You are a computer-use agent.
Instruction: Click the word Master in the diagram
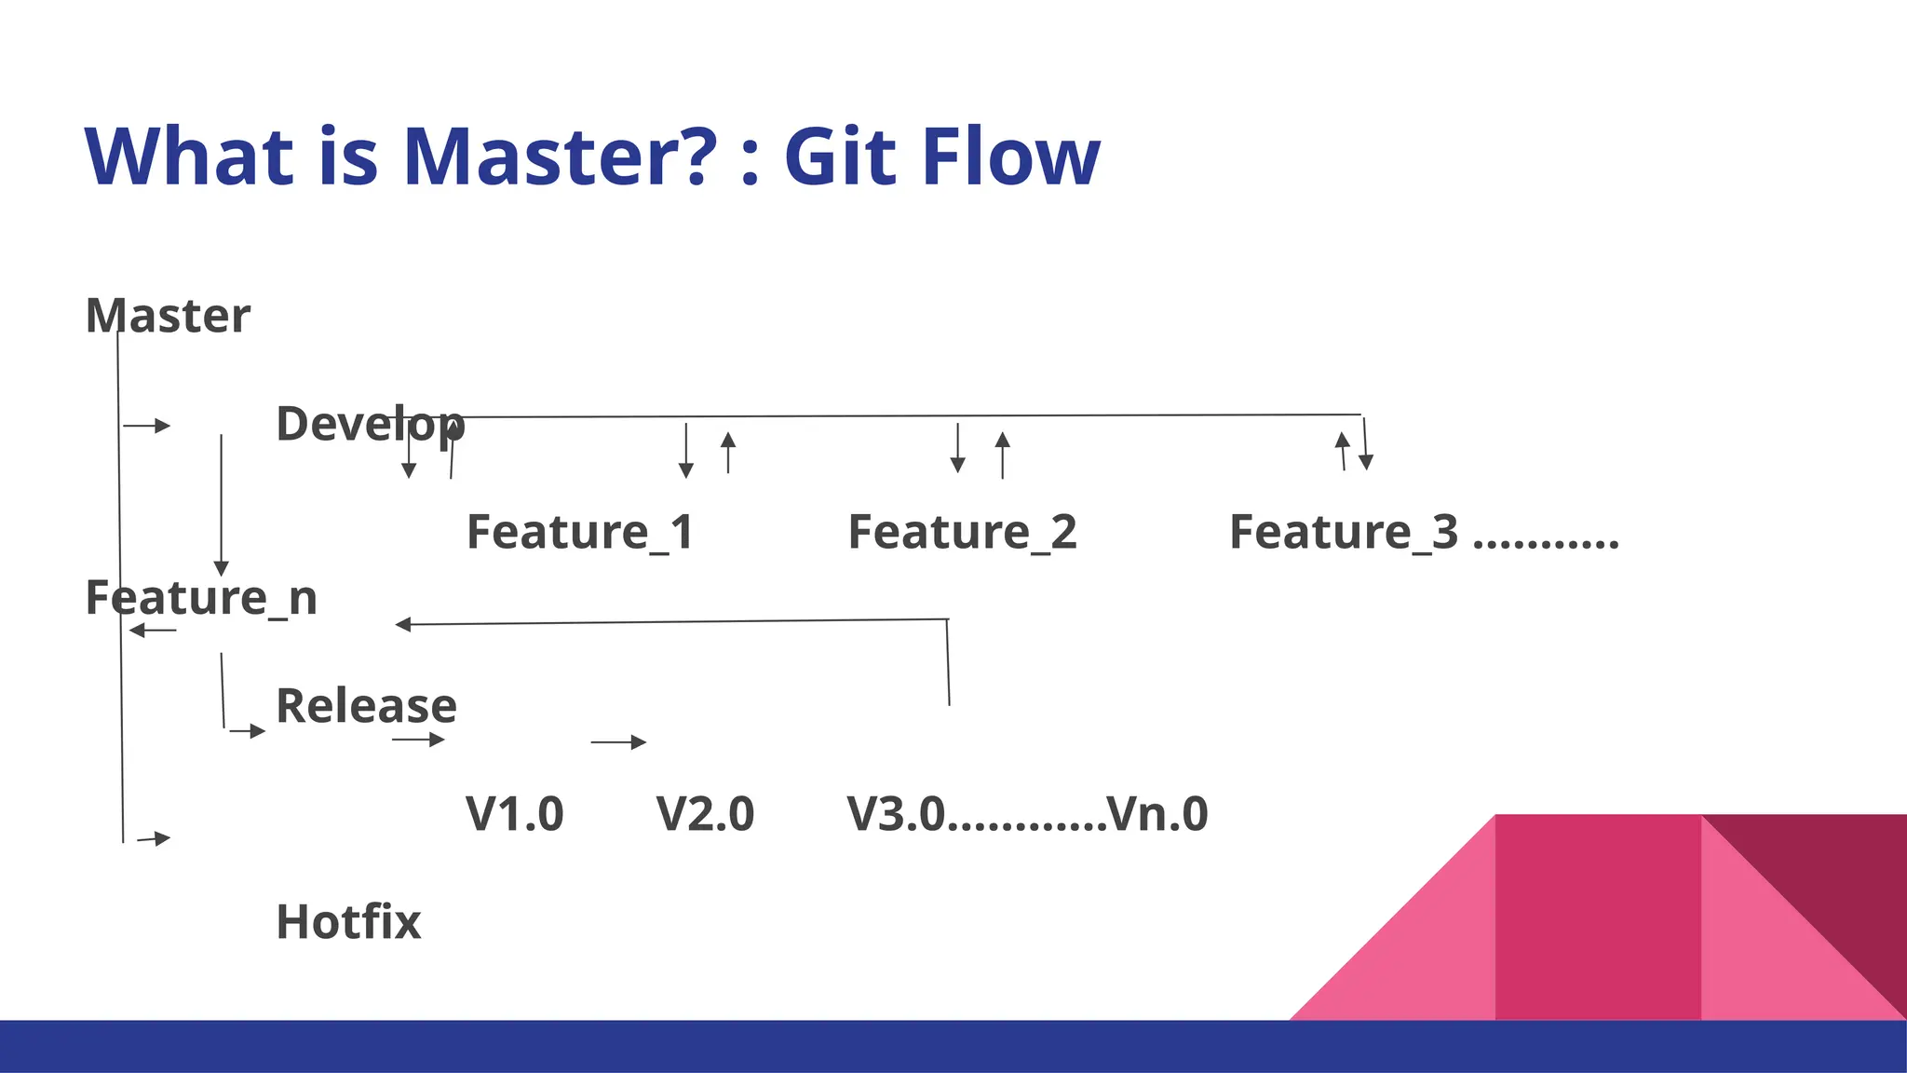[168, 316]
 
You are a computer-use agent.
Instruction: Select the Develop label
[370, 425]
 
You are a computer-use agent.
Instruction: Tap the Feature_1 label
[580, 533]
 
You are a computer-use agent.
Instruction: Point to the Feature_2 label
[962, 533]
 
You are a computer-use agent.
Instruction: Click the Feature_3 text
[1343, 533]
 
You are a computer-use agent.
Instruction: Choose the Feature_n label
[201, 598]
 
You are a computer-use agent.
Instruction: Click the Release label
[366, 706]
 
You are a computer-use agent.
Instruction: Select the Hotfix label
[348, 922]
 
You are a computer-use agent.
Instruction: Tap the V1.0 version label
[514, 814]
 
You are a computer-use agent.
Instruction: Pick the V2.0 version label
[705, 814]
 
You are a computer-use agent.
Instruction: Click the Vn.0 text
[1157, 814]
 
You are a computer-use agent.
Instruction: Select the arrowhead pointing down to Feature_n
[221, 568]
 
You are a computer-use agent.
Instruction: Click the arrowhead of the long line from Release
[403, 624]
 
